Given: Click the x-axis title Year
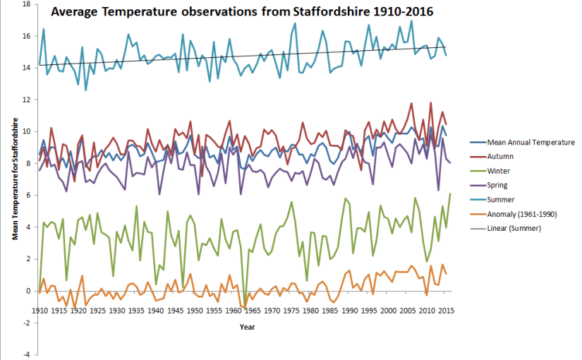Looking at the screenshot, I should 247,327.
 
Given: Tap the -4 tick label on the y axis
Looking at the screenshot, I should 26,355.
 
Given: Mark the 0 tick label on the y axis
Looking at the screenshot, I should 28,292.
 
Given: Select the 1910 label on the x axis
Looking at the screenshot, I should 40,311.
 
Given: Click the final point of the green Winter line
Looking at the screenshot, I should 450,194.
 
